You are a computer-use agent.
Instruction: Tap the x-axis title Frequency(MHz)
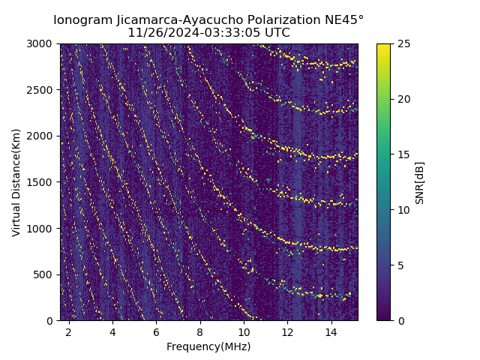click(x=208, y=347)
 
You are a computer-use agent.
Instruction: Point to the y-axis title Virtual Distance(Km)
click(x=16, y=182)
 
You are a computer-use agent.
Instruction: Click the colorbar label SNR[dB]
click(x=420, y=182)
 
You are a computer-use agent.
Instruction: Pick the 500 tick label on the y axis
click(x=45, y=274)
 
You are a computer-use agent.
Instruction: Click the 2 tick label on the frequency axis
click(x=69, y=331)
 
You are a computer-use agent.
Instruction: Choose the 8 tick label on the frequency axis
click(x=200, y=331)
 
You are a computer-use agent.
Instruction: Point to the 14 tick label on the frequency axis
click(x=331, y=331)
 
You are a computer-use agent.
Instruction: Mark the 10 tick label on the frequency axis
click(x=244, y=331)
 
